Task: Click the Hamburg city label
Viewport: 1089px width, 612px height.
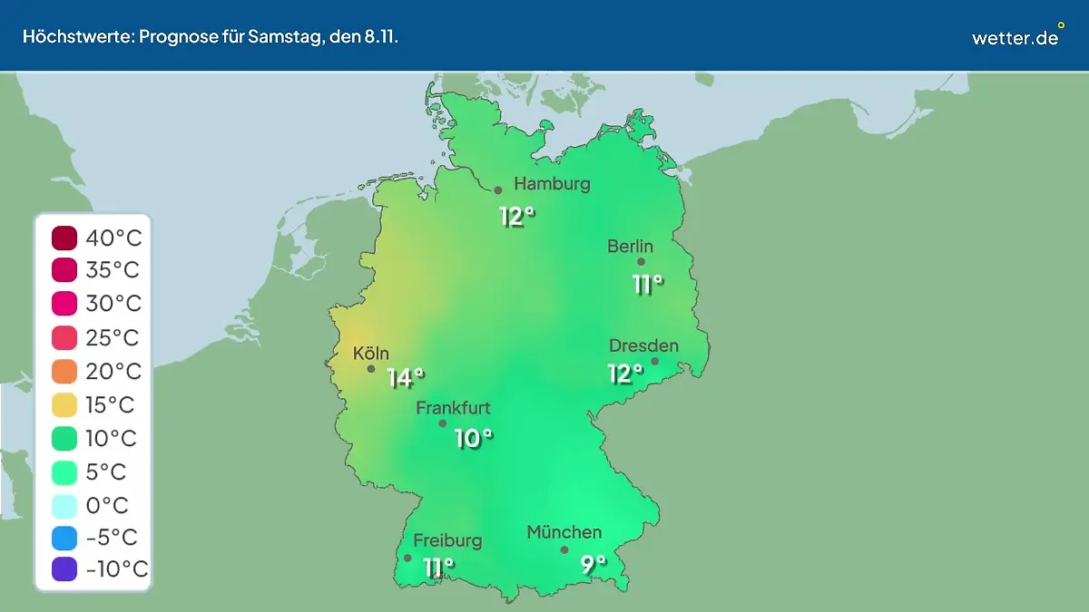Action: (552, 184)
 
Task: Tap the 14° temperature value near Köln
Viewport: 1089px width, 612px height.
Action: (406, 377)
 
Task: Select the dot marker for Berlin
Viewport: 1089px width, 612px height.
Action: (641, 262)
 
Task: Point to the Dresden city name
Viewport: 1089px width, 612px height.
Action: (643, 345)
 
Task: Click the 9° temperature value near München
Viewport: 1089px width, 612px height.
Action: (594, 565)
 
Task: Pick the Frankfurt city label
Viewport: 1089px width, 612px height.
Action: (453, 408)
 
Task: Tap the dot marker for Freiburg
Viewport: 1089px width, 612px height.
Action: (407, 558)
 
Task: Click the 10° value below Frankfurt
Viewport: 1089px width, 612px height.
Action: (474, 439)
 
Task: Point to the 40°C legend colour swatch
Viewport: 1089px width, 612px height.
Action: (64, 238)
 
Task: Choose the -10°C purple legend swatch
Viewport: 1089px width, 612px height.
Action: (64, 569)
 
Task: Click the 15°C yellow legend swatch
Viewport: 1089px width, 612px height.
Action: (64, 404)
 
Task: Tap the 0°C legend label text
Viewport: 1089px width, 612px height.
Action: (107, 504)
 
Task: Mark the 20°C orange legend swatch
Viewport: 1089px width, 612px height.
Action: (64, 371)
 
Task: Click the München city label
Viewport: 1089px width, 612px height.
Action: (564, 532)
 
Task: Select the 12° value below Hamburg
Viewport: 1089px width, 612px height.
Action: (517, 217)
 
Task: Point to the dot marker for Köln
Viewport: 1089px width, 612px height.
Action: (371, 369)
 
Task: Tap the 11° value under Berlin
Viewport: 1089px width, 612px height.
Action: (648, 284)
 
